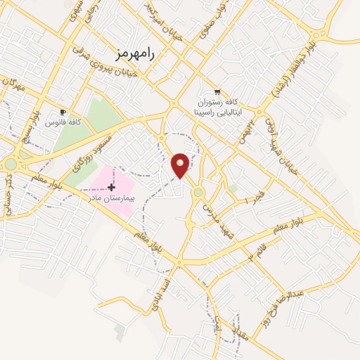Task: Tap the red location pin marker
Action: click(x=181, y=165)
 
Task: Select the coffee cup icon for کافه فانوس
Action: click(x=63, y=112)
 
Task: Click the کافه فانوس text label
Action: click(x=63, y=122)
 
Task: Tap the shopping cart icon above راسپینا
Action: click(x=217, y=91)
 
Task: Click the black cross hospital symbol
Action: click(x=110, y=187)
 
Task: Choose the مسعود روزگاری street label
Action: click(x=86, y=151)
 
